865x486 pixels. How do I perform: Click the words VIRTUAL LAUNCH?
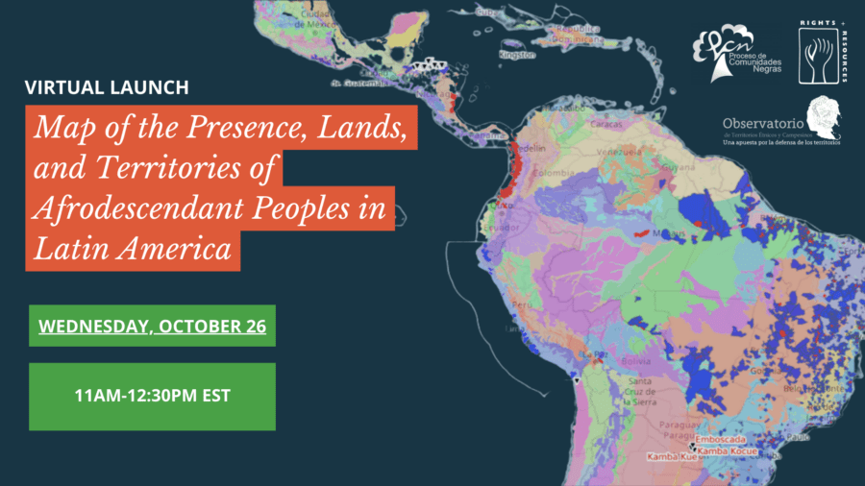(106, 87)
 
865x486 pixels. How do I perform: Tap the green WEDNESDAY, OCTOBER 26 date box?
(152, 326)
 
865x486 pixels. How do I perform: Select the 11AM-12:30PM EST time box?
(152, 396)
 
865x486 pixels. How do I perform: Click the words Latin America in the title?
(133, 249)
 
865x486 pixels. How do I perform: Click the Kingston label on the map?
(516, 55)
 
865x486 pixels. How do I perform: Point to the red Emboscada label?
(732, 441)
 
